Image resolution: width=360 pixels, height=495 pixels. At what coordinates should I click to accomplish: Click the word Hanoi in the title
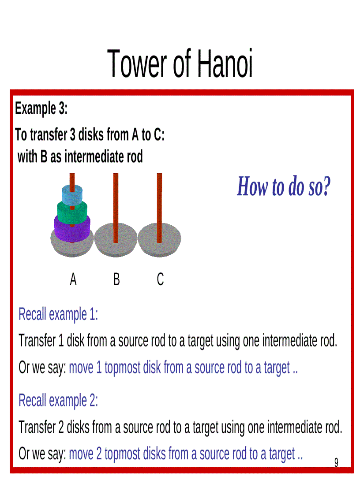(x=225, y=64)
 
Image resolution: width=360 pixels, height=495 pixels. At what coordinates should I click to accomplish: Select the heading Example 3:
(x=41, y=108)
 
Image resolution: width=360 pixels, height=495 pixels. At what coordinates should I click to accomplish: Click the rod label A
(x=73, y=279)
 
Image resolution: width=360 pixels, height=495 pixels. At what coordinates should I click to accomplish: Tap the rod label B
(x=116, y=279)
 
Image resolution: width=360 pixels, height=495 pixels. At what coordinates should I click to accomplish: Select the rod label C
(x=160, y=279)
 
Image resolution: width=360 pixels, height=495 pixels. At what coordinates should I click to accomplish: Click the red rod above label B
(x=116, y=198)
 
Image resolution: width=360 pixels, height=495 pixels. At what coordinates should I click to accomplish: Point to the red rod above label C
(x=159, y=198)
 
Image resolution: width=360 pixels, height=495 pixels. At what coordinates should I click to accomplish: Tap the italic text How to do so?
(x=284, y=186)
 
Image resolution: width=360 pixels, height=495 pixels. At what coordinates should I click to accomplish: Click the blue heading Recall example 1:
(x=58, y=315)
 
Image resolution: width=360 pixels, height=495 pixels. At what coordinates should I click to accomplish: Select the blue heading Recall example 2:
(x=58, y=401)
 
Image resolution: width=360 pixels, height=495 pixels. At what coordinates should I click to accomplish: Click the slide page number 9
(x=336, y=462)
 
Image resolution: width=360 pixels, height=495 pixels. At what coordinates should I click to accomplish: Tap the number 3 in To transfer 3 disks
(x=73, y=135)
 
